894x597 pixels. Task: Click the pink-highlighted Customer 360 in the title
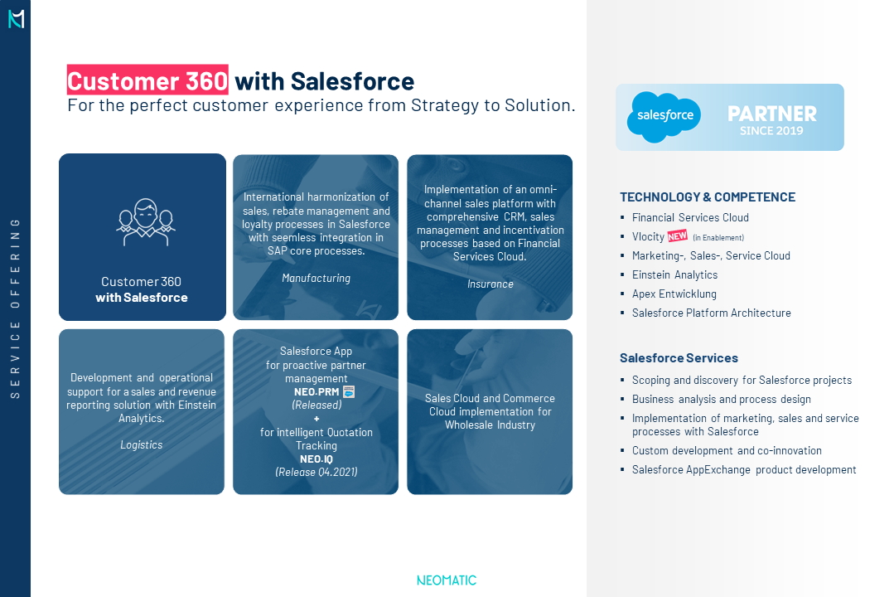tap(147, 80)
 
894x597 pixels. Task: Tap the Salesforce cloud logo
tap(664, 116)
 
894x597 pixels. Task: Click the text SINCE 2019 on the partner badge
tap(771, 131)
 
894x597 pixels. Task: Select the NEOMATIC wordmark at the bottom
tap(447, 580)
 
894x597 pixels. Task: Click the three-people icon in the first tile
tap(145, 222)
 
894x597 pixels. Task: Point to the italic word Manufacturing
tap(316, 278)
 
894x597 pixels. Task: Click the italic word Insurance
tap(490, 284)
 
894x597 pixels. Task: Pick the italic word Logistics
tap(142, 444)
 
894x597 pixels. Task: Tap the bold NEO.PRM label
tap(317, 392)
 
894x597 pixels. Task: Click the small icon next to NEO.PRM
tap(348, 391)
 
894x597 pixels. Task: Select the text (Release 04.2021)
tap(317, 472)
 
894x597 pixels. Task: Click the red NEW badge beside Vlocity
tap(678, 235)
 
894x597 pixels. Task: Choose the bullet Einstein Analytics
tap(674, 274)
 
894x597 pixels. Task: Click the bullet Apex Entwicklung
tap(674, 294)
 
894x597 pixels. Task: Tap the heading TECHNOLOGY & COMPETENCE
tap(708, 197)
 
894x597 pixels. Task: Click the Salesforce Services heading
tap(679, 358)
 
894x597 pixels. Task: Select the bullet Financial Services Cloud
tap(690, 217)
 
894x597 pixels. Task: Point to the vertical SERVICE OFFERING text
tap(16, 308)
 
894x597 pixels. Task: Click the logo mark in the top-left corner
tap(16, 19)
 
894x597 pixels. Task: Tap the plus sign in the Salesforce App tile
tap(317, 419)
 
